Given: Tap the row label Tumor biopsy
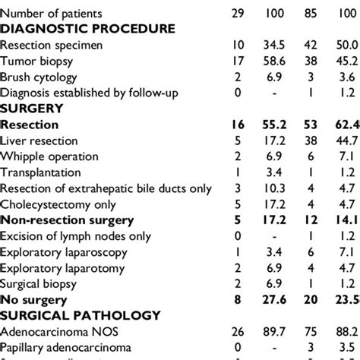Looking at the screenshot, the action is (38, 61).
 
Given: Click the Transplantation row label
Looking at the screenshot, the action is (43, 172).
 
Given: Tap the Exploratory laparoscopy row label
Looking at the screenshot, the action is (63, 252).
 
